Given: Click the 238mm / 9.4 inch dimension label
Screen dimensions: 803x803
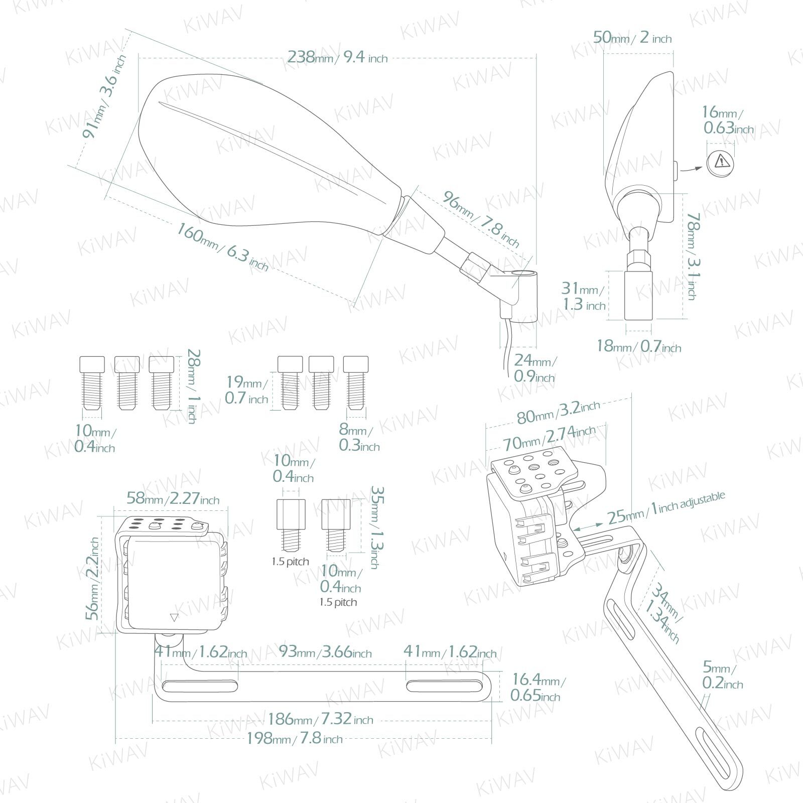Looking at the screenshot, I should click(x=337, y=57).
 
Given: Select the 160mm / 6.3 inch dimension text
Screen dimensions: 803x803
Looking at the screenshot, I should click(x=222, y=246).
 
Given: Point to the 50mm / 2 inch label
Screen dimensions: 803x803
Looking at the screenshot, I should click(x=632, y=38).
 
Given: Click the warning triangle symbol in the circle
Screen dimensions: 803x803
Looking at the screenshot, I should click(x=721, y=162).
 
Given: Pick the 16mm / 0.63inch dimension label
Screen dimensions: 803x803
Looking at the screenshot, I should click(x=728, y=120).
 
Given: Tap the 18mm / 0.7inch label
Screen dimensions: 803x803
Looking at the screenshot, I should click(x=638, y=346).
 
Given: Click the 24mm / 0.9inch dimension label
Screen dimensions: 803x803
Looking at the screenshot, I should click(x=534, y=368).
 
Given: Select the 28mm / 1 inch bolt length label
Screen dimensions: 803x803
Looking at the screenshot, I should click(x=193, y=386).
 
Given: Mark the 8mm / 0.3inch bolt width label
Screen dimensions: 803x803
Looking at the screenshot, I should click(x=359, y=438).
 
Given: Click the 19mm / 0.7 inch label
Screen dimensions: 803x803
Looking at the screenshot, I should click(x=246, y=390).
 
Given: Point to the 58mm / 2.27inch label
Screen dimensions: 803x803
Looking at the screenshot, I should click(x=173, y=498).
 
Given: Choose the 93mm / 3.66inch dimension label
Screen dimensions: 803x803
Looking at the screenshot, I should click(x=325, y=652).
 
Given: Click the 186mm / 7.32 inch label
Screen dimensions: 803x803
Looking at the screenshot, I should click(x=320, y=719).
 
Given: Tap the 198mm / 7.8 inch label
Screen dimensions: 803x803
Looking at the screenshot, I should click(x=294, y=738).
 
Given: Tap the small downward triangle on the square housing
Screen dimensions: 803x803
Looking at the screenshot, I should click(x=174, y=618).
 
